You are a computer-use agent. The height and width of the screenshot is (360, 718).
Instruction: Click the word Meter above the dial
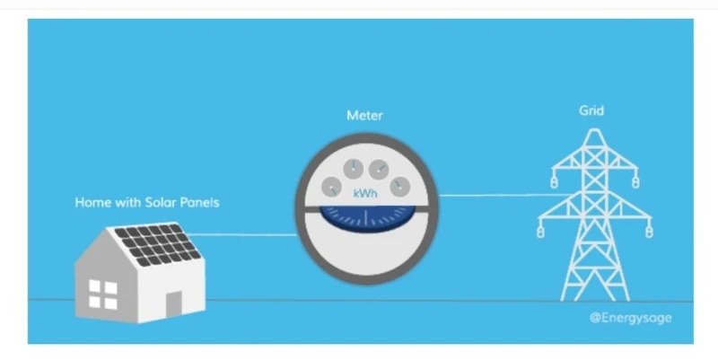click(364, 116)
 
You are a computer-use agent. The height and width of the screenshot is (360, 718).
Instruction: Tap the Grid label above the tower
click(591, 110)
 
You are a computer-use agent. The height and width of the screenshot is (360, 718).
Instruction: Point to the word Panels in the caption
click(199, 202)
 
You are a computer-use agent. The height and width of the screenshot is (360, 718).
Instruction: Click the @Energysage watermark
click(631, 318)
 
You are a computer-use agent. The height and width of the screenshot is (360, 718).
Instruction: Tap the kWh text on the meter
click(365, 193)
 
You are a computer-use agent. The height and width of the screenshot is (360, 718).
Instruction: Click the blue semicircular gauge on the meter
click(367, 218)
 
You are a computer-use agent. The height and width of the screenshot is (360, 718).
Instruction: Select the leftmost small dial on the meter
click(331, 188)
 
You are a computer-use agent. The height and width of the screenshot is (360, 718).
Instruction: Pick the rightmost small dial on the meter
click(399, 187)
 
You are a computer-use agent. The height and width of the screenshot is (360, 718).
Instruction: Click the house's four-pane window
click(103, 294)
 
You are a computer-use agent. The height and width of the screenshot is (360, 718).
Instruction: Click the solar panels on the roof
click(158, 244)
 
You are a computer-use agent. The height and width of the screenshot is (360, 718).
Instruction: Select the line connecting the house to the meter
click(242, 235)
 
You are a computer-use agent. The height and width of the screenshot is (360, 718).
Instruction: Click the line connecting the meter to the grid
click(503, 196)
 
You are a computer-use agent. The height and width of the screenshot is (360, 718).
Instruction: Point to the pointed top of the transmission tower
click(594, 130)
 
